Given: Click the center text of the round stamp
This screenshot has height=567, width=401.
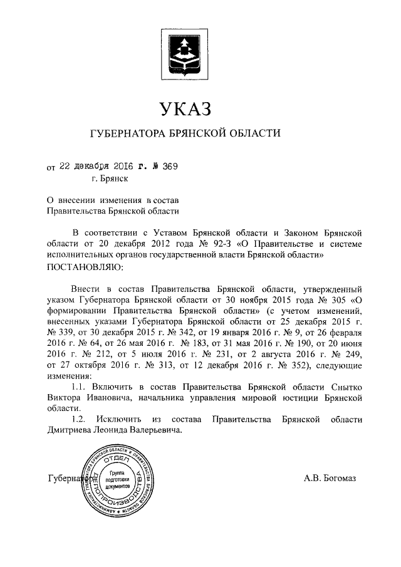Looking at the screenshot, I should [x=117, y=479].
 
